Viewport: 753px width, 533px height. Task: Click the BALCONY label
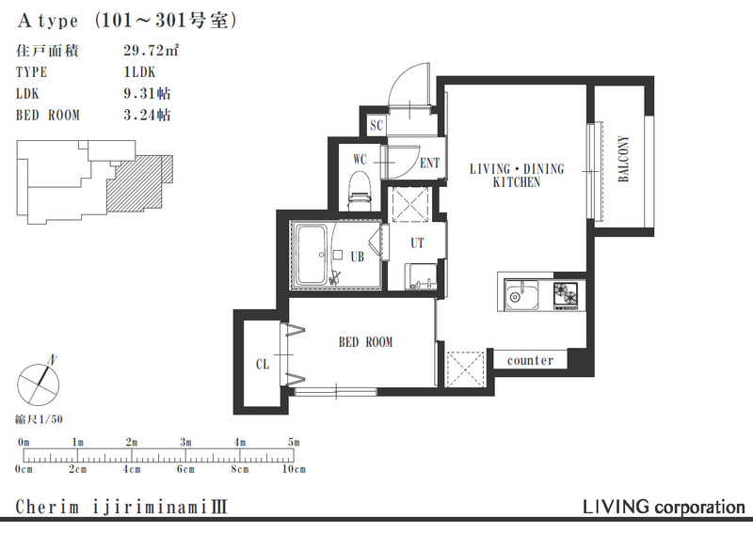click(x=623, y=159)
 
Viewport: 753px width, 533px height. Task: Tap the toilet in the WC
click(x=360, y=192)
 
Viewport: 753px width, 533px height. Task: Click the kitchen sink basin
click(x=521, y=294)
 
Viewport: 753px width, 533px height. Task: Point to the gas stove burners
click(x=567, y=294)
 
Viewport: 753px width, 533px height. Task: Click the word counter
click(x=530, y=360)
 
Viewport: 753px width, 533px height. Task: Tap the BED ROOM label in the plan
click(x=365, y=342)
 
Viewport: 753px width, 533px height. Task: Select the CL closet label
click(x=263, y=365)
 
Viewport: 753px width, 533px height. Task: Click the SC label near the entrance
click(x=376, y=126)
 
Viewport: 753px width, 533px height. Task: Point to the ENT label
click(x=429, y=164)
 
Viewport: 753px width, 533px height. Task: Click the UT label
click(x=417, y=243)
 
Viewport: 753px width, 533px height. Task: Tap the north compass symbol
click(x=39, y=384)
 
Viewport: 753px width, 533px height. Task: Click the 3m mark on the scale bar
click(x=185, y=442)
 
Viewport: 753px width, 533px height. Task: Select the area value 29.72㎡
click(x=151, y=50)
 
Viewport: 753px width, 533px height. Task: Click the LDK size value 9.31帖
click(x=147, y=93)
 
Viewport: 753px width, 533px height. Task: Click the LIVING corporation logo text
click(x=664, y=507)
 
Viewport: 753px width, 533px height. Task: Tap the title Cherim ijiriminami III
click(x=121, y=507)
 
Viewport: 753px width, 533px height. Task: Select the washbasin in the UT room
click(x=421, y=276)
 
